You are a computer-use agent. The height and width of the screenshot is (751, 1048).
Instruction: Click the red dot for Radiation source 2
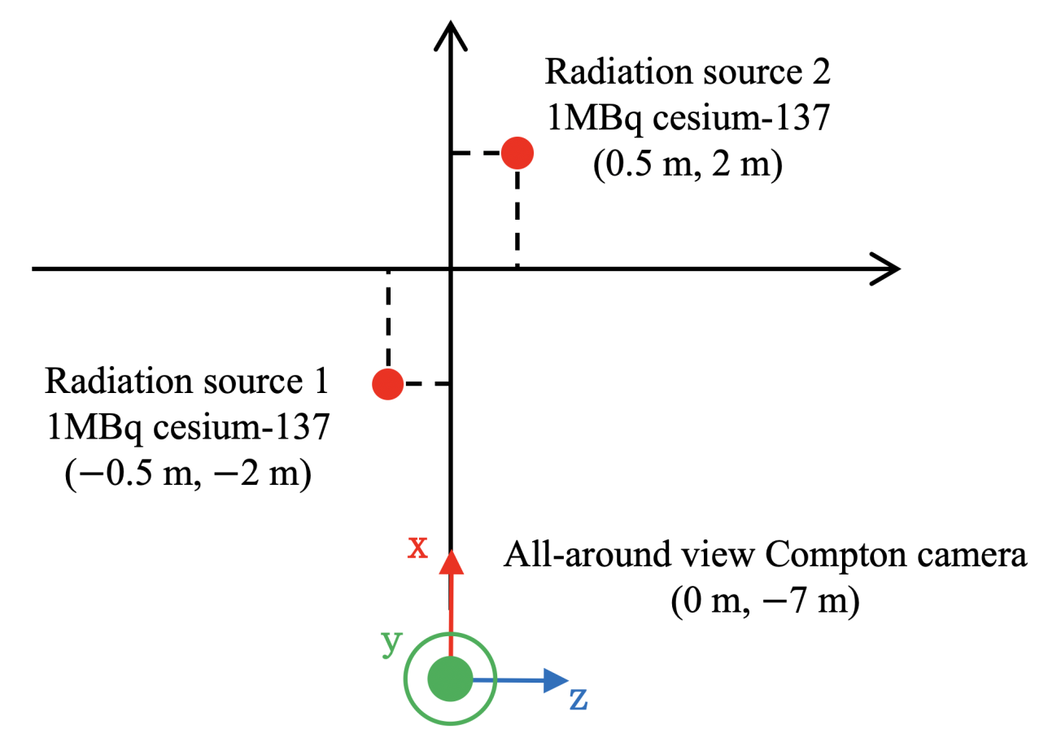[x=517, y=152]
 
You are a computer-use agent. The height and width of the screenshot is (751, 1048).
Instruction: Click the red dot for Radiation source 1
[x=388, y=383]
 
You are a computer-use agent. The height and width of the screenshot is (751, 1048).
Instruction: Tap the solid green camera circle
[x=450, y=679]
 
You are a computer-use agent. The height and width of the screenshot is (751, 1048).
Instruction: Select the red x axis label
[x=417, y=548]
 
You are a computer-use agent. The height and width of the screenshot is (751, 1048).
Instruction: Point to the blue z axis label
[x=578, y=698]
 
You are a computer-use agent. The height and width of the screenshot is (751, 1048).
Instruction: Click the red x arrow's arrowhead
[x=450, y=563]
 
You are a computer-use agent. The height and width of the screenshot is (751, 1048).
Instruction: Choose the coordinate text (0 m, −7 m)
[x=765, y=603]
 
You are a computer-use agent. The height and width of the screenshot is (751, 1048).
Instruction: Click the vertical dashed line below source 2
[x=517, y=216]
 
